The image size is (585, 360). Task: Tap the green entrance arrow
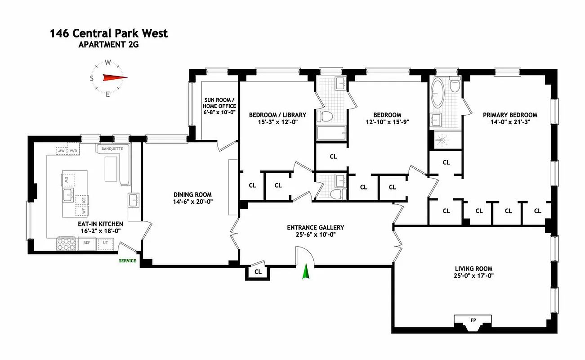tap(305, 272)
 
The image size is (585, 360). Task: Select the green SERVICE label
tap(127, 261)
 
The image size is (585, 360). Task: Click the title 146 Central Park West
tap(109, 33)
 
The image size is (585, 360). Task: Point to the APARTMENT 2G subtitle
tap(108, 45)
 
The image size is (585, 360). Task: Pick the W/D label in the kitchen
tap(74, 151)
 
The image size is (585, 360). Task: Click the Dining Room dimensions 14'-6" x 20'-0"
tap(192, 202)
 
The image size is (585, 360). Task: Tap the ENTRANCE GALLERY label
tap(315, 228)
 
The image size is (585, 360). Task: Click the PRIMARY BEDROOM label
tap(510, 115)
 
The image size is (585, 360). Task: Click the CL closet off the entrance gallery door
tap(258, 272)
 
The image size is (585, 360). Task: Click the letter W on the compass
tap(108, 63)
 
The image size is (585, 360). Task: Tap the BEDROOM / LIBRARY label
tap(277, 115)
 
